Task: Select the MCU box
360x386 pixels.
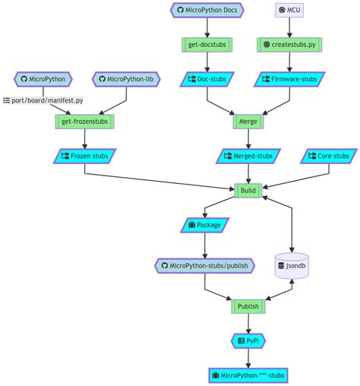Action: coord(290,11)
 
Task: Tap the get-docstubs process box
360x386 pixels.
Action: coord(207,45)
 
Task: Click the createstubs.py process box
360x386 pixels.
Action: coord(290,45)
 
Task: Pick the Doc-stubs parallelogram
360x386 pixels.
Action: coord(207,78)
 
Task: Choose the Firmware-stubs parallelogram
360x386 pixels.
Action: coord(290,78)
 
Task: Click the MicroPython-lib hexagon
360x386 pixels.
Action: coord(125,78)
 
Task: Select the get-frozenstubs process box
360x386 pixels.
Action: coord(84,121)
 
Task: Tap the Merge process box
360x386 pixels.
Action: coord(248,121)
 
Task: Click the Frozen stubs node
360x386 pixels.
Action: coord(84,156)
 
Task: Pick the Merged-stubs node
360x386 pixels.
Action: coord(248,156)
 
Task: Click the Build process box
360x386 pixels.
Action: coord(248,190)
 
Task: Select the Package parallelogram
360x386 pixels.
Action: coord(204,225)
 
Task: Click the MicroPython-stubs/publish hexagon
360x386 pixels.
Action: coord(204,266)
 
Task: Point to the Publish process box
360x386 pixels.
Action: coord(248,306)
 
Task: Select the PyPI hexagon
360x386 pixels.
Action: coord(248,341)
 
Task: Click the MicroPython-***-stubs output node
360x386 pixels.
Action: coord(248,375)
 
